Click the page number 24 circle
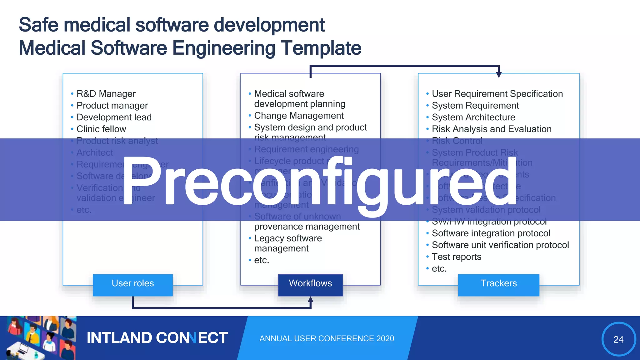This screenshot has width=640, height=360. [618, 339]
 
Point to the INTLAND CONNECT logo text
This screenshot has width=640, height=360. [157, 338]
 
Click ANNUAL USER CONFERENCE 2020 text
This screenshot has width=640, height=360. [327, 338]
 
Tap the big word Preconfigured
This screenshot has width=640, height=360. [319, 181]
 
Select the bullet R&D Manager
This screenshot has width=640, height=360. [106, 94]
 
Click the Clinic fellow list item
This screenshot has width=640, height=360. [101, 129]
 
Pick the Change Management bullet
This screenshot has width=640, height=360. [299, 116]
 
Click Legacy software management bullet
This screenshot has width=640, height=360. [288, 243]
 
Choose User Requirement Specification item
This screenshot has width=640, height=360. [497, 94]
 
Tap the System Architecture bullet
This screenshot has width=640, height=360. [473, 117]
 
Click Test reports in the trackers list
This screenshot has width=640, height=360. [456, 257]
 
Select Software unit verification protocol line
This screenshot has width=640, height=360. [500, 245]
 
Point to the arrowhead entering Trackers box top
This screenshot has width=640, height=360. [499, 74]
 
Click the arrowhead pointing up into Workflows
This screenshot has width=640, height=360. [310, 299]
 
